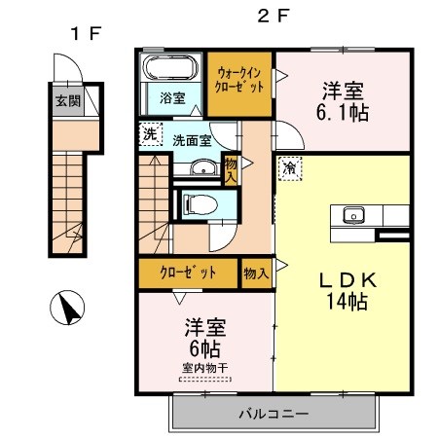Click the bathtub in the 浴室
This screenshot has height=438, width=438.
[x=170, y=67]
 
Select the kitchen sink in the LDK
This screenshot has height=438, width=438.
[x=353, y=215]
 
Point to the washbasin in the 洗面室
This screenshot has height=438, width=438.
[x=203, y=167]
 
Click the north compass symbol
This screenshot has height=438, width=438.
[x=67, y=308]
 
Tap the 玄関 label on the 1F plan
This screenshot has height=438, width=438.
[x=68, y=101]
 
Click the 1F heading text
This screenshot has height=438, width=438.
[x=87, y=33]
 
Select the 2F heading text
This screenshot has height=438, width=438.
[x=274, y=16]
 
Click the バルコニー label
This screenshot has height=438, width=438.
[x=274, y=414]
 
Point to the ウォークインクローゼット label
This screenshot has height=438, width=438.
[x=239, y=80]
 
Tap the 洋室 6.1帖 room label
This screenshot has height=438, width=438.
[x=343, y=101]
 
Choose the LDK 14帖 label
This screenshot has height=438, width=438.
[x=347, y=291]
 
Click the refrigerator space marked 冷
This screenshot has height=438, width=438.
[x=290, y=168]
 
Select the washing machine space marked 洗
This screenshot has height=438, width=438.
[x=150, y=134]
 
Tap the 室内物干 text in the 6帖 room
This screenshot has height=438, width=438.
[x=204, y=368]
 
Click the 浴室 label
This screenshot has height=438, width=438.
[x=172, y=98]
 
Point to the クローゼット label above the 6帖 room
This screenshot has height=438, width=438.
[x=188, y=273]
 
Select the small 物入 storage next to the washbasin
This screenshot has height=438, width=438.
[x=231, y=169]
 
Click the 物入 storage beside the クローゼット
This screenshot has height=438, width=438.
[x=256, y=274]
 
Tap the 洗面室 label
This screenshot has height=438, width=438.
[x=192, y=140]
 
